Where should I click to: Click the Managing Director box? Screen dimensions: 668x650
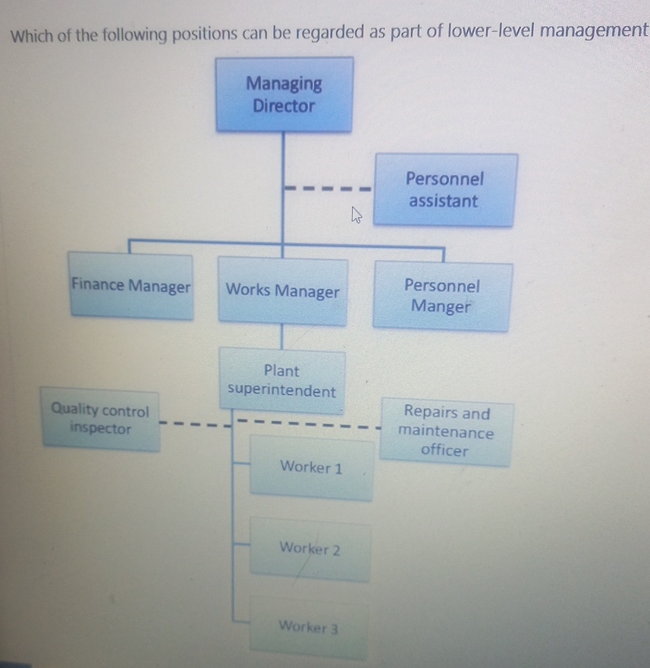click(x=284, y=95)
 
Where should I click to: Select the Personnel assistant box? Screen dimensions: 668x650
click(x=445, y=190)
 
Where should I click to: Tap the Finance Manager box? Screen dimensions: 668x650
click(x=130, y=287)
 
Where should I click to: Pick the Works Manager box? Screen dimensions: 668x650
click(x=283, y=291)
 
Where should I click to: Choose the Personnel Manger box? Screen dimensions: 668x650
click(x=442, y=296)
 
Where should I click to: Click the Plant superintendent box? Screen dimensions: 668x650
click(x=282, y=381)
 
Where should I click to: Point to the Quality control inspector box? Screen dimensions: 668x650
click(x=100, y=419)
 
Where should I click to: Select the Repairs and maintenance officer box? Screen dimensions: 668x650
click(x=446, y=432)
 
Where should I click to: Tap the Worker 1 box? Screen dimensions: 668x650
click(x=311, y=468)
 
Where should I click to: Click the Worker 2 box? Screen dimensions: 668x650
click(x=309, y=548)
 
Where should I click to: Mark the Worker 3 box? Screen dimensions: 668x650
click(x=308, y=627)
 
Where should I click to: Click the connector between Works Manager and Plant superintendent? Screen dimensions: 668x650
click(x=282, y=337)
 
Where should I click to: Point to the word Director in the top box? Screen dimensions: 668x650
click(x=284, y=105)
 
